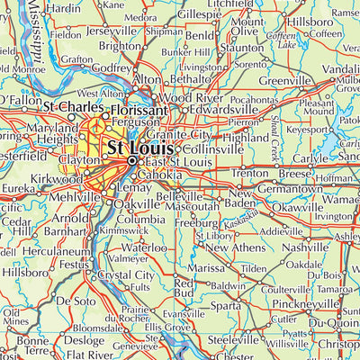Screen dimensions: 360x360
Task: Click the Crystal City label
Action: point(126,275)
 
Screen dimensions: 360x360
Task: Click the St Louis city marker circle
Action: point(132,161)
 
